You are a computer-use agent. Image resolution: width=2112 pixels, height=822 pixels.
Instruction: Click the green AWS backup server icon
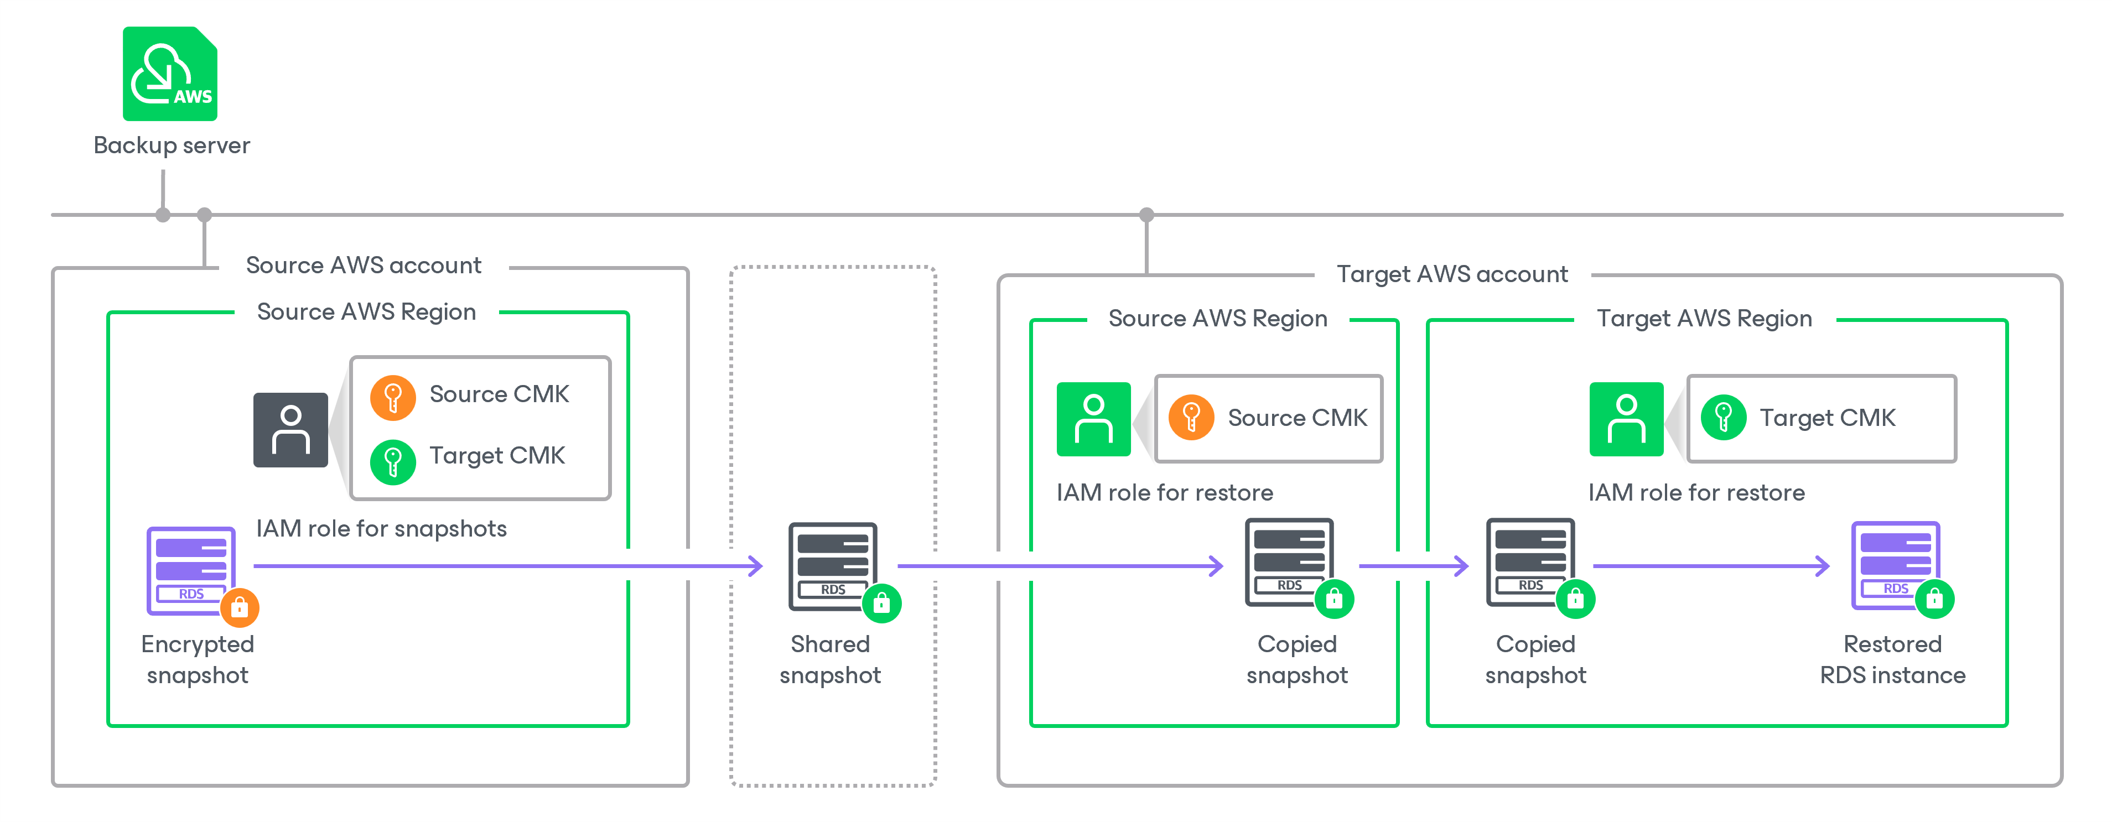(170, 74)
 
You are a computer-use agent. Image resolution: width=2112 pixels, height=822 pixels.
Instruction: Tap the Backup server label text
(172, 145)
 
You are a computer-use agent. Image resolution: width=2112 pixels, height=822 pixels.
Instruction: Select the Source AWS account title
(363, 266)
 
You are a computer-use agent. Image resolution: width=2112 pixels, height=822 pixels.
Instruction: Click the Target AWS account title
(1451, 274)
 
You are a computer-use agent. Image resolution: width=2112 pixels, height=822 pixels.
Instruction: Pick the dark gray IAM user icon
(290, 429)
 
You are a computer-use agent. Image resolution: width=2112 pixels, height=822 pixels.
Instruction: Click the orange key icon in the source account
(393, 398)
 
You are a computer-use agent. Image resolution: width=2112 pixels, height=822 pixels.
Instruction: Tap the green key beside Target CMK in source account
(393, 461)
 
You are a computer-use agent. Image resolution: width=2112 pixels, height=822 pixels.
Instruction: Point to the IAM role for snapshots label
(381, 529)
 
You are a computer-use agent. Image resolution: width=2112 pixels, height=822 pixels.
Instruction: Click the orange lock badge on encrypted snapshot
(240, 607)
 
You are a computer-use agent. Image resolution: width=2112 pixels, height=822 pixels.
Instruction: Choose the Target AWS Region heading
(1704, 318)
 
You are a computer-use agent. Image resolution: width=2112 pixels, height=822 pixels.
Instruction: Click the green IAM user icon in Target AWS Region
(1626, 419)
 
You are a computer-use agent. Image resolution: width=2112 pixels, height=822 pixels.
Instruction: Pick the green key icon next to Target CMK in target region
(1722, 418)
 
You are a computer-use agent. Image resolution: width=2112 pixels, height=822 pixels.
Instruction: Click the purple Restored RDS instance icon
(1895, 565)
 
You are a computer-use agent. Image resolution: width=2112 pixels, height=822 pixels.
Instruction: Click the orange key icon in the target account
(1191, 418)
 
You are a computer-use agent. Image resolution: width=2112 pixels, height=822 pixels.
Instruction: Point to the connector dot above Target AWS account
(1146, 215)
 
